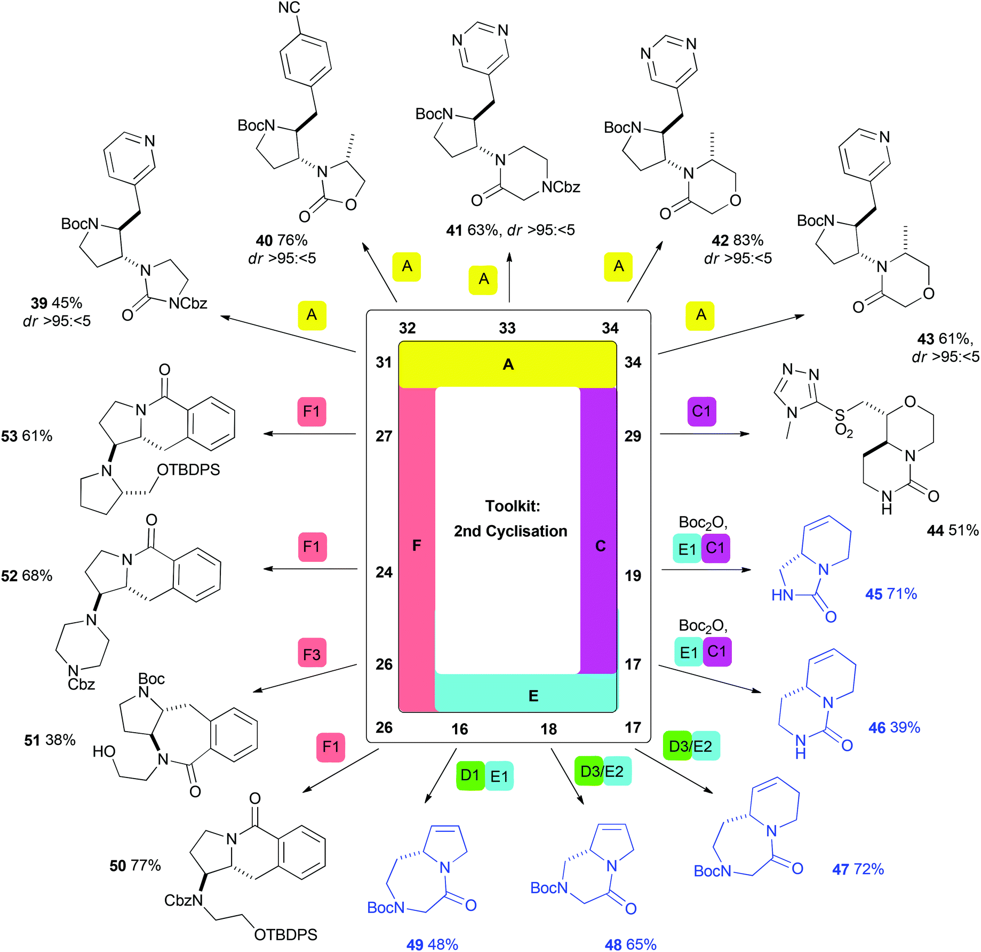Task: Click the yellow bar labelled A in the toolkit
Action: pos(508,364)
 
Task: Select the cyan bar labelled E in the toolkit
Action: pos(525,693)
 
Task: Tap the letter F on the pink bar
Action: pos(417,545)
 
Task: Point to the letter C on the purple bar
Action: pos(600,546)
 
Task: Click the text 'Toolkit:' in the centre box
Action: pos(513,506)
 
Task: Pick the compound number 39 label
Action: pos(39,303)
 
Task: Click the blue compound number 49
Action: pos(415,945)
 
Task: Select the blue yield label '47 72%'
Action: pos(858,869)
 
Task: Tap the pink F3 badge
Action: pos(312,654)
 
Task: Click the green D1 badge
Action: pos(470,775)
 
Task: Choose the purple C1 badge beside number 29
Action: pos(701,411)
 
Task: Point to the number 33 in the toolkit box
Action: pos(507,328)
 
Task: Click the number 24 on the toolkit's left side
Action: pos(384,573)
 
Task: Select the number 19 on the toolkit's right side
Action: pos(633,576)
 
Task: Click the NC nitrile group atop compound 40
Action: pos(289,7)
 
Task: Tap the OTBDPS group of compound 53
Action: pos(188,470)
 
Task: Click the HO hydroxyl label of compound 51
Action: pos(104,752)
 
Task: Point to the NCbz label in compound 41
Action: pos(561,187)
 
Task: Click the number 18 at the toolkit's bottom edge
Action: pos(549,729)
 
